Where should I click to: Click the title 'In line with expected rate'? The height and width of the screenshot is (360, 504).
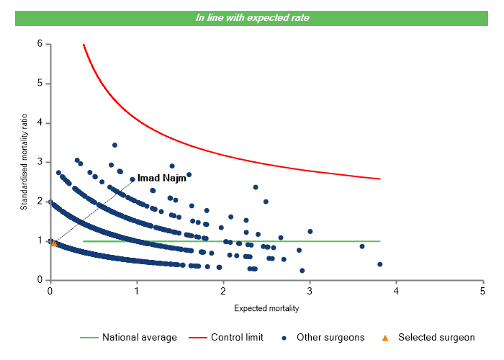[252, 17]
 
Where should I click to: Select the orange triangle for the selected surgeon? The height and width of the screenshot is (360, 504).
[54, 243]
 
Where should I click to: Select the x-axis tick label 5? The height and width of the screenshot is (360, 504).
[482, 291]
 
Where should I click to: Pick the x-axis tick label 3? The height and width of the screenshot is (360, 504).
[310, 291]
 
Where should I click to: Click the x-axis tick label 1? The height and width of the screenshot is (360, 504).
[136, 291]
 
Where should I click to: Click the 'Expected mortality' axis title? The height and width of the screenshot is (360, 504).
[266, 308]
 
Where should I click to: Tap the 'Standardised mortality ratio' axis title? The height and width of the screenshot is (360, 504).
[24, 162]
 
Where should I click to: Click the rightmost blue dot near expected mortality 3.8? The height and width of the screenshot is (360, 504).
[379, 264]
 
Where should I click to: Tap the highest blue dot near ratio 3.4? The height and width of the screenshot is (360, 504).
[114, 145]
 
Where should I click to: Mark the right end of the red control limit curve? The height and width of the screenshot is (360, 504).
[379, 179]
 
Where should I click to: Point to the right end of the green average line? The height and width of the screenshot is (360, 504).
[379, 241]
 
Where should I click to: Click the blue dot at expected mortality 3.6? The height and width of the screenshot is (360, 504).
[362, 246]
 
